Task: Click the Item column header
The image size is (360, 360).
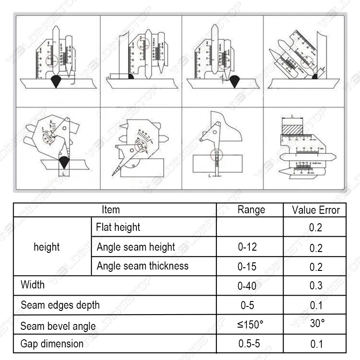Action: pos(111,210)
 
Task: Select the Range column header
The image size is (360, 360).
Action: pos(251,210)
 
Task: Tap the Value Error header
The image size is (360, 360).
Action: pos(316,210)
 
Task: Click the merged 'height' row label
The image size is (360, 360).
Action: pos(47,247)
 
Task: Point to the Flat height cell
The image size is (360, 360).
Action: pos(118,227)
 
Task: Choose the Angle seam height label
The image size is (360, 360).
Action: pos(136,247)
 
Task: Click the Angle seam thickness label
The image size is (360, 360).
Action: pos(143,266)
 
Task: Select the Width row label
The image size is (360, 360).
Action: pos(33,285)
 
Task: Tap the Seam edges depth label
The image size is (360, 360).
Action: pos(60,305)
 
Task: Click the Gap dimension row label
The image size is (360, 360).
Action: pos(52,344)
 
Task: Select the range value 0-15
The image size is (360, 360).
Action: pos(247,266)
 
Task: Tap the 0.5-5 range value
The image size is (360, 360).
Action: pos(249,344)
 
